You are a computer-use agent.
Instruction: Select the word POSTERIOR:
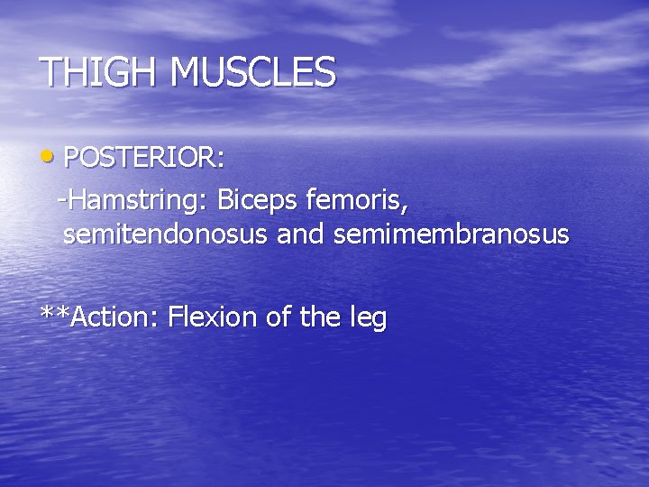tap(144, 158)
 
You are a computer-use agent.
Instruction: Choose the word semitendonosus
tap(166, 234)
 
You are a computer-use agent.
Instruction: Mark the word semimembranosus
tap(451, 234)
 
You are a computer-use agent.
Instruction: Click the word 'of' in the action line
tap(280, 317)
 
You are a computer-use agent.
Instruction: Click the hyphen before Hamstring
tap(61, 200)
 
